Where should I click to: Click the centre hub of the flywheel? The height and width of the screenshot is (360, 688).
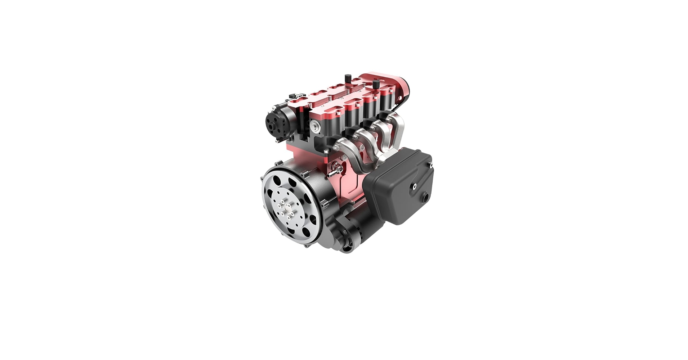point(288,208)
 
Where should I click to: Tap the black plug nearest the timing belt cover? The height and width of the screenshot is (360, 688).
point(376,85)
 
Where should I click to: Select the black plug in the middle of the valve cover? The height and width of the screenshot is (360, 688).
point(348,78)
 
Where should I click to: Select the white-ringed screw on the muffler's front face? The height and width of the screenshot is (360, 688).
point(415,186)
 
